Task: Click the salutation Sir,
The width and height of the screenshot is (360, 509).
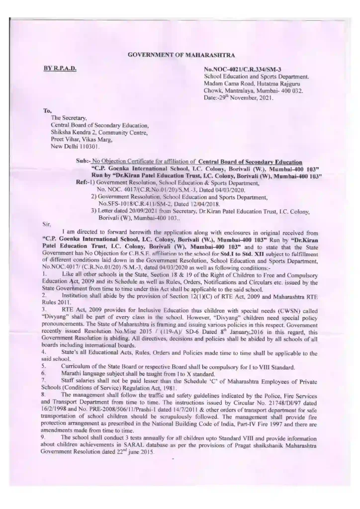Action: [46, 224]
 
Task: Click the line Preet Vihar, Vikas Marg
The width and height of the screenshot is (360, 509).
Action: [83, 140]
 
